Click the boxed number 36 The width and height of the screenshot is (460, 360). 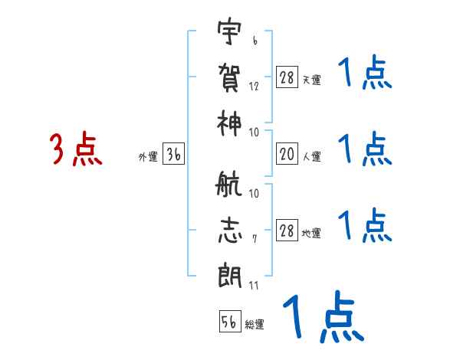click(x=173, y=155)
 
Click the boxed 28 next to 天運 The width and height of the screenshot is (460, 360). click(x=287, y=78)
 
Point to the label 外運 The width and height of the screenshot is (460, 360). click(x=148, y=157)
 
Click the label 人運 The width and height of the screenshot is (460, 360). click(x=312, y=157)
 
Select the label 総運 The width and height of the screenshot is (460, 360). click(x=255, y=325)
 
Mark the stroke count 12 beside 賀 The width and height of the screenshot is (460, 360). click(x=254, y=87)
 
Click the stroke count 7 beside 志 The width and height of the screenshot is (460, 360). click(x=254, y=240)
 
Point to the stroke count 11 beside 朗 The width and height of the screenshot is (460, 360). click(x=254, y=285)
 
